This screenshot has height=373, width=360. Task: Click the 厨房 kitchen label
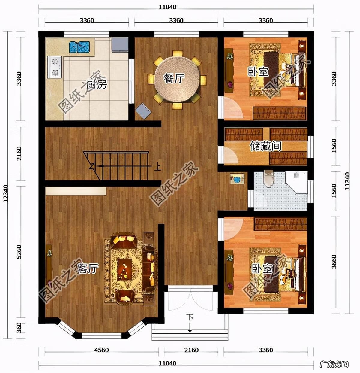point(96,84)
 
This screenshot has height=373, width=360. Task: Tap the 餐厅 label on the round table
point(174,78)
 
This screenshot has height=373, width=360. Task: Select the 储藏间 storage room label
point(265,146)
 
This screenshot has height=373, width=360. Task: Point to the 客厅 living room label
point(88,268)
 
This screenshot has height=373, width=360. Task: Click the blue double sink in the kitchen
point(79,47)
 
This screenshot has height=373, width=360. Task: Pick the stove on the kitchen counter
point(55,67)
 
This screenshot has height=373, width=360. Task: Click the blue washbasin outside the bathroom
point(238,179)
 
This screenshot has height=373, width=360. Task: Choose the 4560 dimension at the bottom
point(101,350)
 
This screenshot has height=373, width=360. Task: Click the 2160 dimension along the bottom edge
point(191,350)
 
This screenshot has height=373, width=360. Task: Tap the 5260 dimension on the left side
point(19,252)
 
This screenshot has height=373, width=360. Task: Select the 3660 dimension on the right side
point(334,262)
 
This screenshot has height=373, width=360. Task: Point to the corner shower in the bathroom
point(297,182)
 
